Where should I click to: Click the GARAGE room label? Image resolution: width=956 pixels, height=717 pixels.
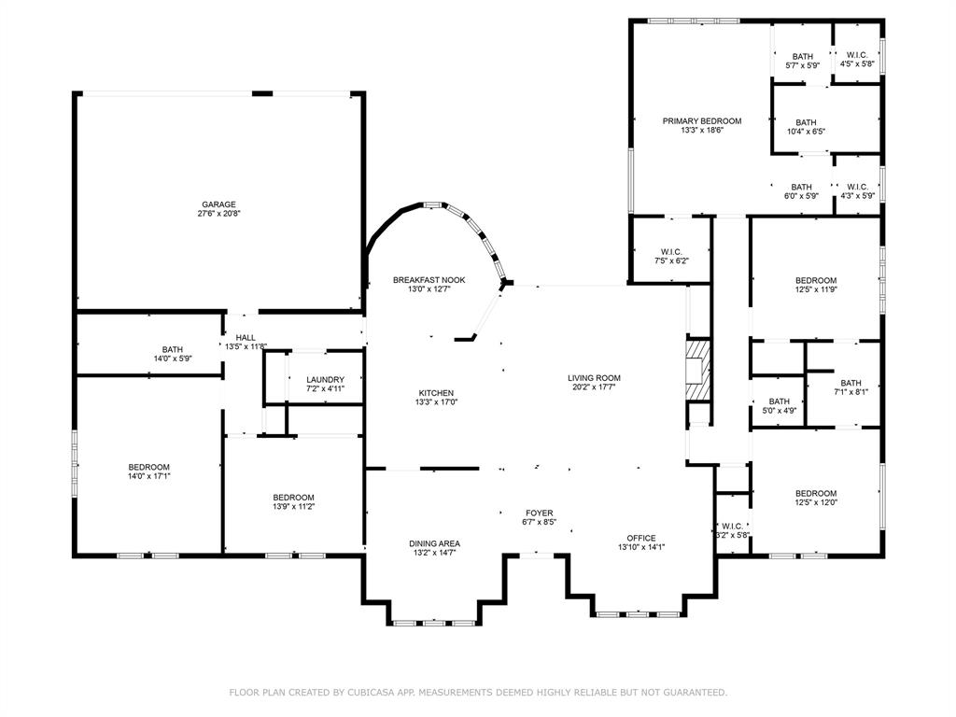click(218, 204)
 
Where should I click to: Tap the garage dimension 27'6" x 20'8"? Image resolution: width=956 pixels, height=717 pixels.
click(218, 214)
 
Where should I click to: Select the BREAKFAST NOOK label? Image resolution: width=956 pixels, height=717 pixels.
click(429, 280)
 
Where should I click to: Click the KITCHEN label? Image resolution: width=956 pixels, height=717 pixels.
click(435, 393)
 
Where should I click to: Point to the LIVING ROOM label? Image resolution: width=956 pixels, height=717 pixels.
click(594, 378)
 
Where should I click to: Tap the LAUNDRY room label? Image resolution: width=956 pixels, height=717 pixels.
click(325, 380)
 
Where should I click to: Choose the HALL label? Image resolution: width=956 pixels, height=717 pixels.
click(246, 338)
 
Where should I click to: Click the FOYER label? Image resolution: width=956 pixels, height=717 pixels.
click(539, 513)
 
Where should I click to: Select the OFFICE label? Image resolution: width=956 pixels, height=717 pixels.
click(640, 538)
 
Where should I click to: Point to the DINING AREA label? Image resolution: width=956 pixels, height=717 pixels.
click(434, 543)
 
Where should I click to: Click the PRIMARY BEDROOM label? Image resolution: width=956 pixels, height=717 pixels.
click(702, 120)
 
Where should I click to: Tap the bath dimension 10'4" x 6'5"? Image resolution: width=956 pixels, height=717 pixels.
click(806, 132)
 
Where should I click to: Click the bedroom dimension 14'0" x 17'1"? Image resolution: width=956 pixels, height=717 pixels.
click(148, 476)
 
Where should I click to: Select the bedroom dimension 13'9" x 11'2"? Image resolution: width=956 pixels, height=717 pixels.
click(293, 506)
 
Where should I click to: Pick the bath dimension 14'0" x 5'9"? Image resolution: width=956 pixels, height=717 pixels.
click(173, 358)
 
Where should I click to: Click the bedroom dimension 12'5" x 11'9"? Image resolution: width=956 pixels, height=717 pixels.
click(815, 289)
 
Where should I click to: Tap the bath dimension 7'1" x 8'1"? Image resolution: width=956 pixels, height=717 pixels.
click(851, 392)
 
